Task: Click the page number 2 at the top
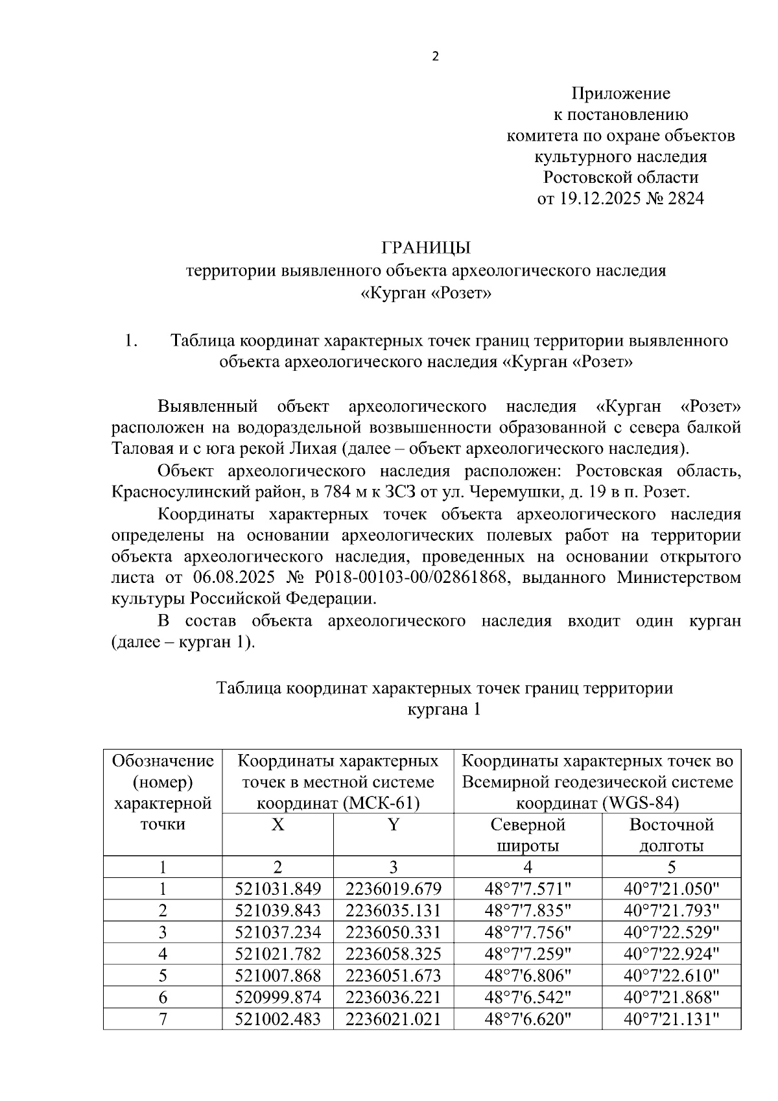click(435, 57)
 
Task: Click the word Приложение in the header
click(620, 93)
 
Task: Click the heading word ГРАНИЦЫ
click(425, 248)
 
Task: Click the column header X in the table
click(277, 825)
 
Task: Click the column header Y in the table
click(393, 825)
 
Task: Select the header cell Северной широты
click(528, 835)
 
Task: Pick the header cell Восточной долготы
click(671, 835)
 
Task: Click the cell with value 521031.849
click(277, 889)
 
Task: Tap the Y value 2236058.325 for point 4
click(393, 954)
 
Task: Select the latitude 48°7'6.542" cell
click(528, 997)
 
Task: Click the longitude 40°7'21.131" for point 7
click(672, 1019)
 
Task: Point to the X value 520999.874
click(277, 997)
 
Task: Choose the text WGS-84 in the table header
click(639, 803)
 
